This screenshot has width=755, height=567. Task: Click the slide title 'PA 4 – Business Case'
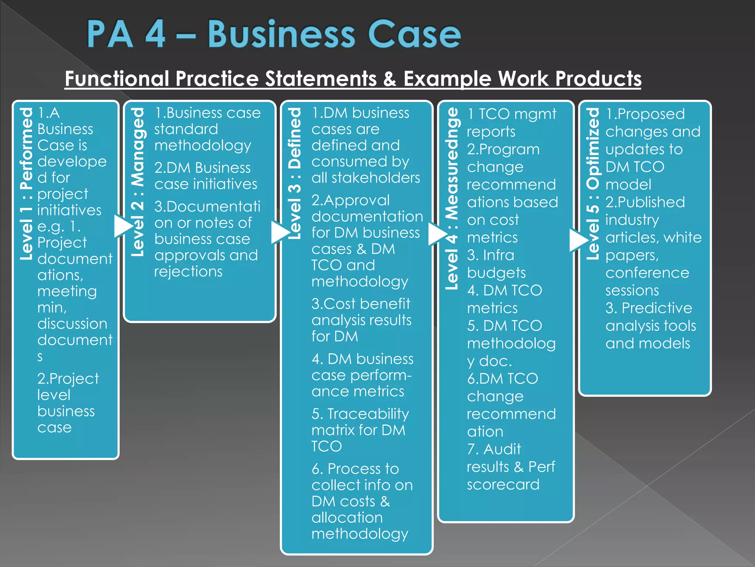(274, 34)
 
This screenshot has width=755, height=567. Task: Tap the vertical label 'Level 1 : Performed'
(27, 183)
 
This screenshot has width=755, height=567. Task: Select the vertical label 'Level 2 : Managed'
(138, 182)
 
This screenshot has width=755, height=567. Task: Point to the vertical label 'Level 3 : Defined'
(295, 173)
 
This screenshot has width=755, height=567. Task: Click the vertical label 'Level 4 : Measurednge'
(452, 198)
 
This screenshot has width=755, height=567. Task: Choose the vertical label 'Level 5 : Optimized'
(593, 183)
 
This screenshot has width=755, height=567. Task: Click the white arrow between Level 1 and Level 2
(123, 226)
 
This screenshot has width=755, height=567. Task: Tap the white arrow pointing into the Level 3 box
(280, 232)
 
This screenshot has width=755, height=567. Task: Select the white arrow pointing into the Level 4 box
(437, 234)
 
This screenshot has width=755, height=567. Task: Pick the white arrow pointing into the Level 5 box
(578, 240)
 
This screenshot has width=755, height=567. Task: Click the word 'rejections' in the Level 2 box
(188, 272)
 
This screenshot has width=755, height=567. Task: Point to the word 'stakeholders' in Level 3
(376, 178)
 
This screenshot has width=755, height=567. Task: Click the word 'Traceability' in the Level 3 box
(368, 414)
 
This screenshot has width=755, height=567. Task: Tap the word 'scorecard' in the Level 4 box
(503, 484)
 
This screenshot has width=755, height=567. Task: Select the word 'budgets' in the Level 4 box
(496, 273)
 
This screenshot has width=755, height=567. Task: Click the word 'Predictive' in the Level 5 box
(657, 308)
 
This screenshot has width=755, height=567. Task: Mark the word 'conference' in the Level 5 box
(647, 273)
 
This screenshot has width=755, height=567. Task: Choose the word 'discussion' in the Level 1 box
(72, 324)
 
